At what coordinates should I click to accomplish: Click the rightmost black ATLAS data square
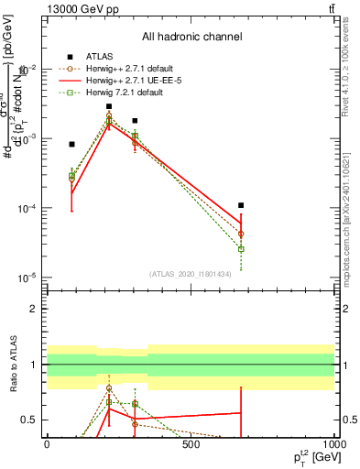tap(241, 205)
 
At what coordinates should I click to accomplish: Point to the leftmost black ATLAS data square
tap(71, 144)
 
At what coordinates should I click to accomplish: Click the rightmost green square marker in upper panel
tap(241, 249)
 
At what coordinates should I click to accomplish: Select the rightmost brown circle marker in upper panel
tap(241, 234)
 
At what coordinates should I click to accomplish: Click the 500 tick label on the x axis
tap(191, 444)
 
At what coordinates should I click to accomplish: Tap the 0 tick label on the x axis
tap(47, 444)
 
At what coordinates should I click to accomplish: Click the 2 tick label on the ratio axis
tap(34, 309)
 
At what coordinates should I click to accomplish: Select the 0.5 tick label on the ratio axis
tap(30, 420)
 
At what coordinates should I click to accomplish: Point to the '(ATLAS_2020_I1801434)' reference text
tap(191, 273)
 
